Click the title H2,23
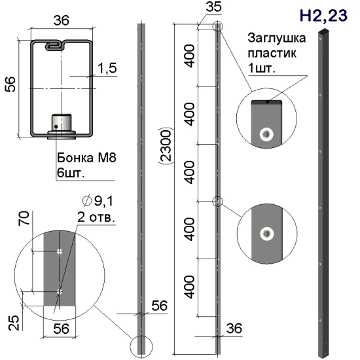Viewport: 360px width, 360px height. (323, 16)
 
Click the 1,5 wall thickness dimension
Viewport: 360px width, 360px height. (107, 68)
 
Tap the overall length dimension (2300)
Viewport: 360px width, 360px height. (165, 145)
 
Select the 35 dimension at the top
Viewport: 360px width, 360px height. (214, 7)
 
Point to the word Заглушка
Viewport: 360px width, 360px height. (277, 38)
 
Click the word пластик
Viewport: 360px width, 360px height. (272, 53)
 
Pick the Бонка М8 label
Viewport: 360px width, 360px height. (86, 158)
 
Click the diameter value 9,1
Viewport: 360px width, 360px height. (104, 201)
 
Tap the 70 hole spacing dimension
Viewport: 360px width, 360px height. (24, 218)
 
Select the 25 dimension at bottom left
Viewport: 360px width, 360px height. (14, 323)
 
